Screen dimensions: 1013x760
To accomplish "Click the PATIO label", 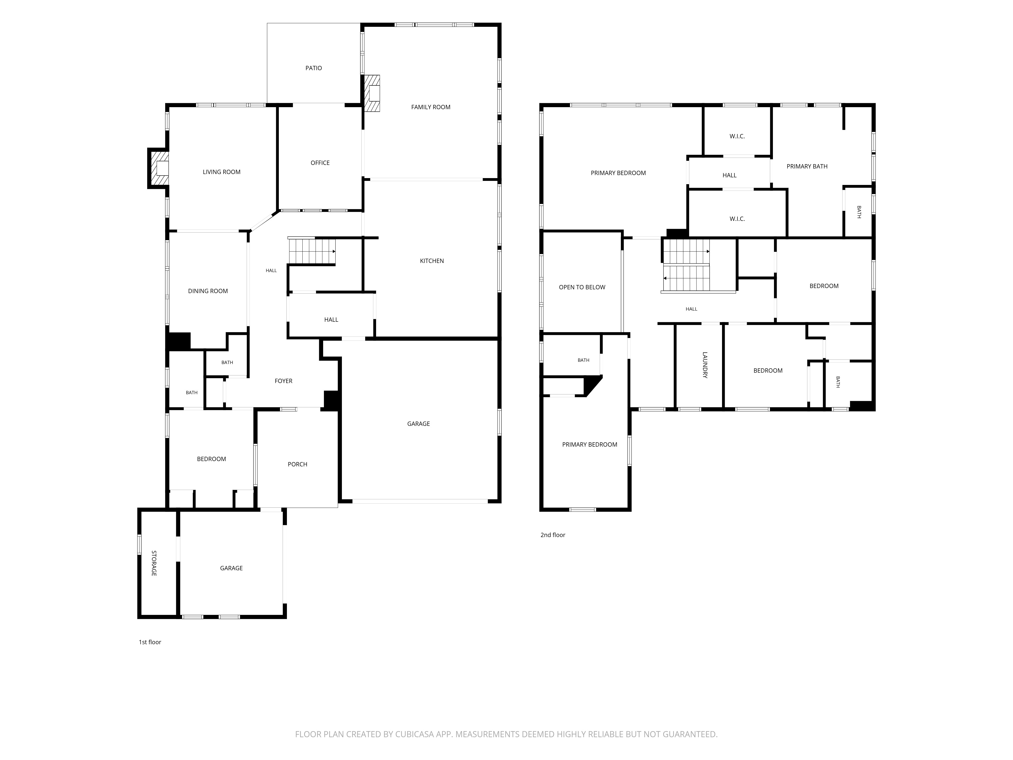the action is (x=314, y=68).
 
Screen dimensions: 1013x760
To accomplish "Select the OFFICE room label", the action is (x=320, y=163).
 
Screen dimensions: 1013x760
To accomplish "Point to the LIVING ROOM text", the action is (x=222, y=172).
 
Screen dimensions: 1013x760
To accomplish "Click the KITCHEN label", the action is (x=432, y=261).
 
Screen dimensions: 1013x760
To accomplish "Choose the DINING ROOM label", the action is (x=208, y=291).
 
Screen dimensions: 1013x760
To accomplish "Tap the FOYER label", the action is (x=283, y=381).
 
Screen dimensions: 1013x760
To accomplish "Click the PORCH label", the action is (x=297, y=464).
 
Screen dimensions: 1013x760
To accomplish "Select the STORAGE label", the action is (x=154, y=563).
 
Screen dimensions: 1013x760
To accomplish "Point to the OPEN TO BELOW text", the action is (x=582, y=287).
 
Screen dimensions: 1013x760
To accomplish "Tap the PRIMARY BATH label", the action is (x=807, y=166).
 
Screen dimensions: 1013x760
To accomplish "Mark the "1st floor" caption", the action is (x=150, y=642).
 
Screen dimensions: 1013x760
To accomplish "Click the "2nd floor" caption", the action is (x=553, y=535).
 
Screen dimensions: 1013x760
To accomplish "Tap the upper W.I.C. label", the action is (x=737, y=136).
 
